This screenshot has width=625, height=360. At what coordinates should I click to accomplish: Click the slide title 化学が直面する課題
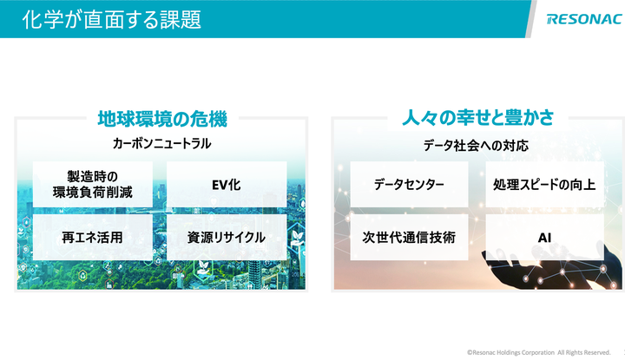tap(112, 19)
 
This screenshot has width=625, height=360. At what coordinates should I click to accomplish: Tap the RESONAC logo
tap(585, 19)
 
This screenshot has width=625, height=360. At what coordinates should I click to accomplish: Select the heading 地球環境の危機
tap(162, 119)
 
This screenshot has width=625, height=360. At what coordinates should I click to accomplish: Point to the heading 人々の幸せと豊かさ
tap(478, 118)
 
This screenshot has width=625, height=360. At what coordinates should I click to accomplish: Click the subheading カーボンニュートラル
tap(161, 143)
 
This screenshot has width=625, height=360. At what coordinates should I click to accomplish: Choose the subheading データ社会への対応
tap(476, 146)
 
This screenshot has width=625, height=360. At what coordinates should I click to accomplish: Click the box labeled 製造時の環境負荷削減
tap(93, 185)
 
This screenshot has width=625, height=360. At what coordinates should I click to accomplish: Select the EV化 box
tap(227, 185)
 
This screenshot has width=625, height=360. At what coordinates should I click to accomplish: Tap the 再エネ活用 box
tap(93, 238)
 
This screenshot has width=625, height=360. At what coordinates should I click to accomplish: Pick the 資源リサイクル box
tap(227, 238)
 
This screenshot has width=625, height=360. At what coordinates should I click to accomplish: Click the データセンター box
tap(409, 185)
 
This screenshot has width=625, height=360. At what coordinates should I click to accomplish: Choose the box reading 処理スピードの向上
tap(544, 185)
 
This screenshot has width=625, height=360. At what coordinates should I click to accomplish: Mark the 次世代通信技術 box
tap(409, 238)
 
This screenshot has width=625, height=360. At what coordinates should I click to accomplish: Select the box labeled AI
tap(544, 238)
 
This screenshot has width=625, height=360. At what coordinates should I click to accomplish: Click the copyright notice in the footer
tap(538, 352)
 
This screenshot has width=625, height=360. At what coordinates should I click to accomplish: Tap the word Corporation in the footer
tap(538, 352)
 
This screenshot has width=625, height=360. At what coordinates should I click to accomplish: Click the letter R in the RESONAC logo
tap(552, 19)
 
